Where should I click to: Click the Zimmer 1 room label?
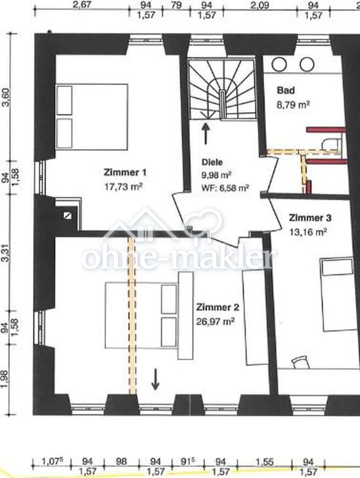pos(125,173)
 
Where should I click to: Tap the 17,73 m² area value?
pos(124,186)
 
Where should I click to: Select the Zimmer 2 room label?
pos(217,307)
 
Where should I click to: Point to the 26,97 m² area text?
pos(215,321)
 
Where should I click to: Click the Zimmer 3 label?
pos(310,218)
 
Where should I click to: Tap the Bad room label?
pos(286,91)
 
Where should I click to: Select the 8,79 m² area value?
pos(293,105)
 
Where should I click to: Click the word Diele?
pos(212,162)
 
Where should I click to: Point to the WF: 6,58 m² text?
pos(225,188)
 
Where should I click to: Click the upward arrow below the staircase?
pos(206,133)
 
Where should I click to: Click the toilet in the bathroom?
pos(332,143)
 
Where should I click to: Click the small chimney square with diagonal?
pos(67,216)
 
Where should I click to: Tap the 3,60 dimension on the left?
pos(6,97)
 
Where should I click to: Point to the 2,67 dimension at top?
pos(82,5)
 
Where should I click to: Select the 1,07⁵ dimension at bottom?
pos(51,461)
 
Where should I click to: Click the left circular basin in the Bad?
pos(279,64)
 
